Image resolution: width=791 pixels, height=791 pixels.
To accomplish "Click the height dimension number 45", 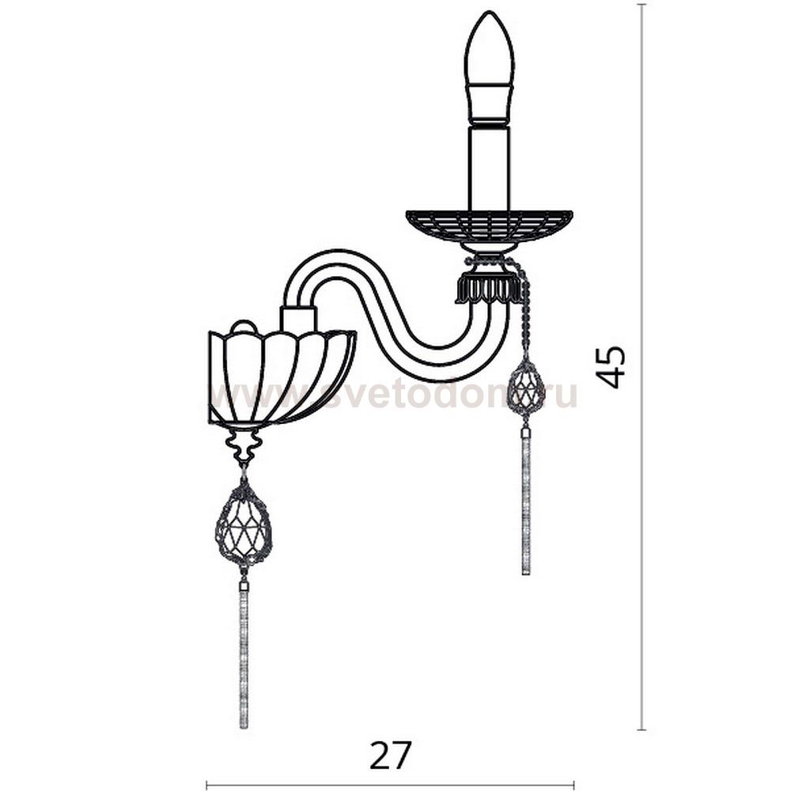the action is [611, 366].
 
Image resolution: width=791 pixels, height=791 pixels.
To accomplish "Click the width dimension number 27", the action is [391, 755].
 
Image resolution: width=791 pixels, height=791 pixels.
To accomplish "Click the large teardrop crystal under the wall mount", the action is [244, 523].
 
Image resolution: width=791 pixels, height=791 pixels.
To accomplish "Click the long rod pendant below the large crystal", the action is [244, 656].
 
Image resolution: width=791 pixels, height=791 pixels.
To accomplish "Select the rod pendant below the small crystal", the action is [526, 502].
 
